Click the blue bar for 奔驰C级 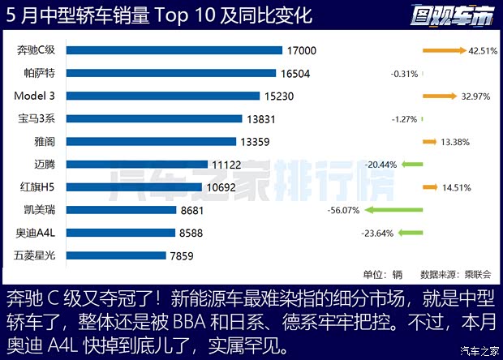click(174, 50)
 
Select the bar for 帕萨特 click(171, 73)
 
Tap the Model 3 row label click(34, 96)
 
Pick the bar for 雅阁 click(151, 141)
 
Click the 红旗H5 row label click(35, 186)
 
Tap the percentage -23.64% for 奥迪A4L click(377, 234)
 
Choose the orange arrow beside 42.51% click(443, 50)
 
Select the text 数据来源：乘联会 click(450, 274)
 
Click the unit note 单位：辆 click(382, 274)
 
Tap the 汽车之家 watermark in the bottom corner click(478, 351)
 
